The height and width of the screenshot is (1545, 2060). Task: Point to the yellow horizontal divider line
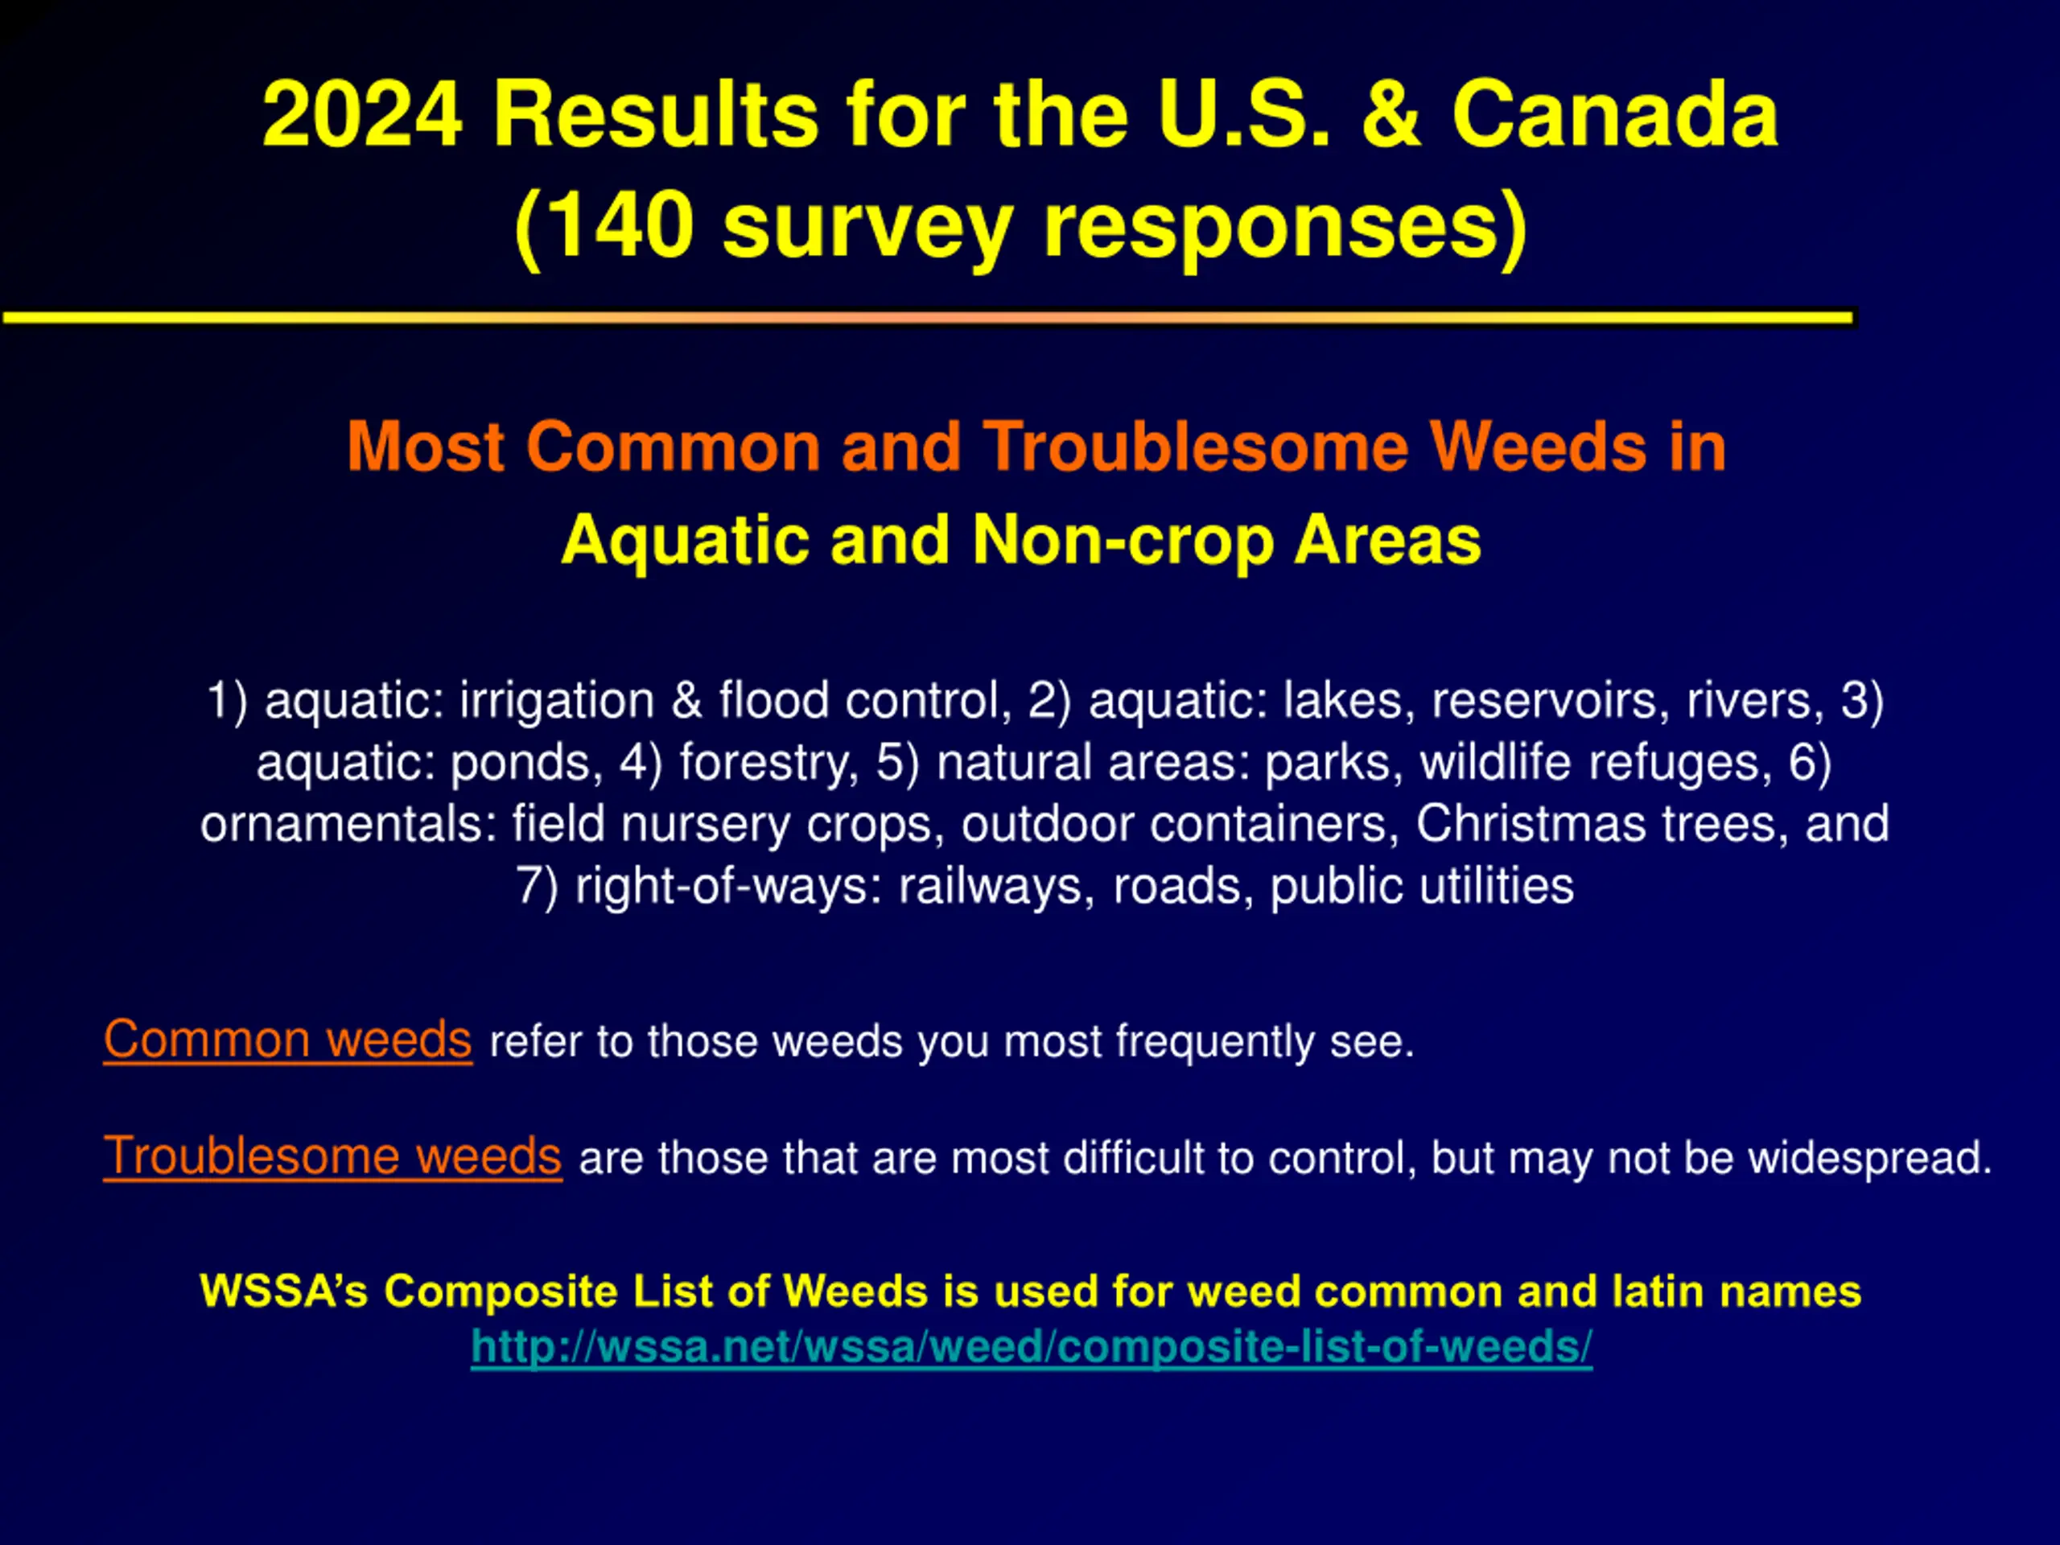(928, 318)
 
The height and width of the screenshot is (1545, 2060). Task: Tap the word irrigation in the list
(557, 700)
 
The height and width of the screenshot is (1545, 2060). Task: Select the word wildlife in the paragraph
(1496, 762)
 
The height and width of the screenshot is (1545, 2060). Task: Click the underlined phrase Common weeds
(288, 1040)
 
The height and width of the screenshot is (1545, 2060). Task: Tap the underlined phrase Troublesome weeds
(332, 1156)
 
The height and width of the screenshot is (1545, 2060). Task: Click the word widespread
(1869, 1158)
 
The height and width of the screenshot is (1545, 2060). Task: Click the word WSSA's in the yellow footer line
(284, 1291)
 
